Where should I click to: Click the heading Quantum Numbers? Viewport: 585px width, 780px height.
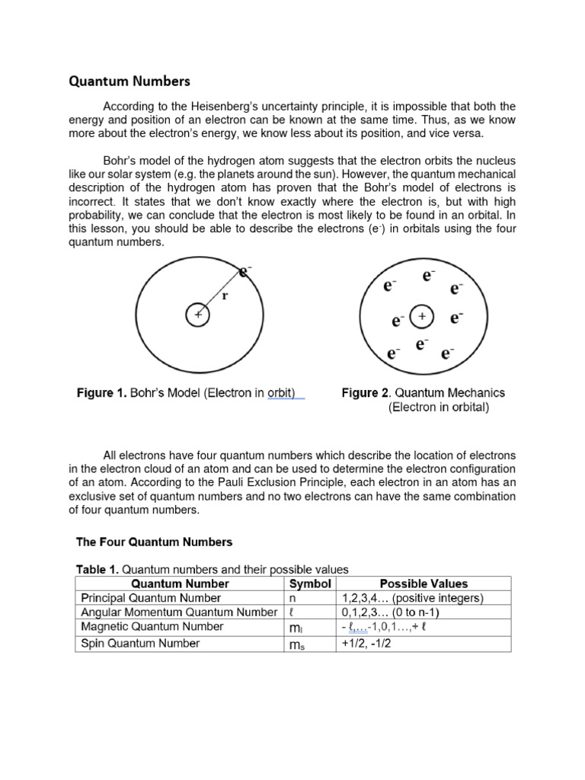(x=130, y=80)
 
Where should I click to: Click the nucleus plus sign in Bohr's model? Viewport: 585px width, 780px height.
(x=198, y=315)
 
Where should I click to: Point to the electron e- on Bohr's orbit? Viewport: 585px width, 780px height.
(x=245, y=270)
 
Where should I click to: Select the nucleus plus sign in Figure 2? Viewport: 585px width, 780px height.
(x=421, y=315)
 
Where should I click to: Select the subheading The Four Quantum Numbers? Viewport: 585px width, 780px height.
(x=154, y=542)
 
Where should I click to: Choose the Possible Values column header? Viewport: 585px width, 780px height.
(x=423, y=583)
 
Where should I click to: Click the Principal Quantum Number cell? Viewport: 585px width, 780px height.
(x=151, y=598)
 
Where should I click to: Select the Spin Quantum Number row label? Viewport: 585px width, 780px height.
(x=140, y=644)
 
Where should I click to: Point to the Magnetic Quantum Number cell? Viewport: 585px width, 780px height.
(x=152, y=627)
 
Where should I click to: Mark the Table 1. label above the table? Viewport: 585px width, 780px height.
(x=97, y=569)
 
